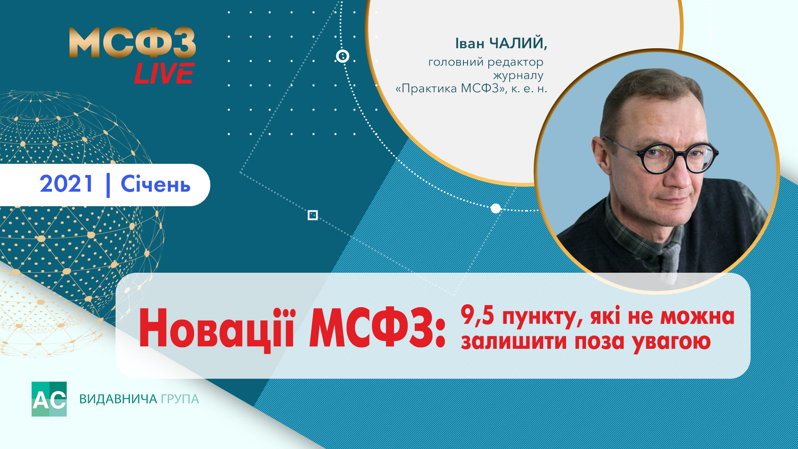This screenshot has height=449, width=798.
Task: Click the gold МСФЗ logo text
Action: coord(132,43)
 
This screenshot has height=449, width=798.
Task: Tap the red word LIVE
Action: coord(164,74)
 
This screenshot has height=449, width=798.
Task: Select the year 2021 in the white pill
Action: coord(66,184)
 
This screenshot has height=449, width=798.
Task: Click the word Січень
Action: coord(155,184)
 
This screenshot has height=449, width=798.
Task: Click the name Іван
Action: coord(470,43)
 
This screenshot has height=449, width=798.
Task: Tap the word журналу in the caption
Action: coord(518,76)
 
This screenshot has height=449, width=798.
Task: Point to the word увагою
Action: coord(672,342)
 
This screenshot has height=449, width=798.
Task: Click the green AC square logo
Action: coord(49,399)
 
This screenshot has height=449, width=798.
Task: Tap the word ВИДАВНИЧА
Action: coord(118,399)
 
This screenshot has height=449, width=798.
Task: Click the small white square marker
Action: coord(313,215)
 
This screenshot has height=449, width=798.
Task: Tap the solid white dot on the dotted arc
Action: coord(496,208)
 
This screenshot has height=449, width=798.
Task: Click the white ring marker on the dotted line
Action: coord(342,56)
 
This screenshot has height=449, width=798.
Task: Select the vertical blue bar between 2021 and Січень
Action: coord(108,185)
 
